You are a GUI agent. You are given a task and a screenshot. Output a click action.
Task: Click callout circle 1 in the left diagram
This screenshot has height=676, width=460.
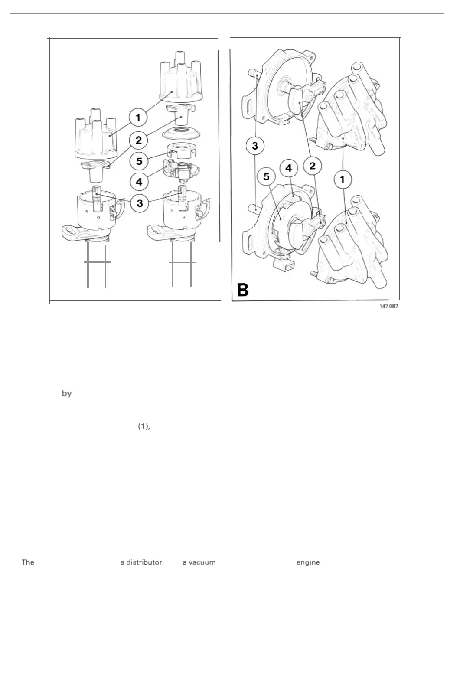pos(138,118)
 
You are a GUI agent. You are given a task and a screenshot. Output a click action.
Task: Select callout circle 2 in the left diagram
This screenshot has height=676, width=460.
pos(139,140)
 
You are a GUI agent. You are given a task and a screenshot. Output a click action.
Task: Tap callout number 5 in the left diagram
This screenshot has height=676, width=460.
pos(139,161)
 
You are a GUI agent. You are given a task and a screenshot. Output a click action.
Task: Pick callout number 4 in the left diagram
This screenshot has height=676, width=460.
pos(139,182)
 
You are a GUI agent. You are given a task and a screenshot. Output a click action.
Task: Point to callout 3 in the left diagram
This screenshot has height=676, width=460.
pos(139,202)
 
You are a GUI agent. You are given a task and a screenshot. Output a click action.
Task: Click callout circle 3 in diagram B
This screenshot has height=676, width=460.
pos(255,146)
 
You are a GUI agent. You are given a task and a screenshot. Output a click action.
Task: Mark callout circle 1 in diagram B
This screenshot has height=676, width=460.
pos(343,178)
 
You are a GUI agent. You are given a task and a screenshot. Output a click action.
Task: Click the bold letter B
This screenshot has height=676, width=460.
pos(242,290)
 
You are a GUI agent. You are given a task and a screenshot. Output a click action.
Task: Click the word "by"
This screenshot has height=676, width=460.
pos(66,394)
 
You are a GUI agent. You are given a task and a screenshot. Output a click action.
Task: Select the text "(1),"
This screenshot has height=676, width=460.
pos(144,426)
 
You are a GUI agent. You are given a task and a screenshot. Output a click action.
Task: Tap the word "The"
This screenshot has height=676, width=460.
pos(28,562)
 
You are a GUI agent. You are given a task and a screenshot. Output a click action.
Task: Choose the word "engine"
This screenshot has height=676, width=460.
pos(308,562)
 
